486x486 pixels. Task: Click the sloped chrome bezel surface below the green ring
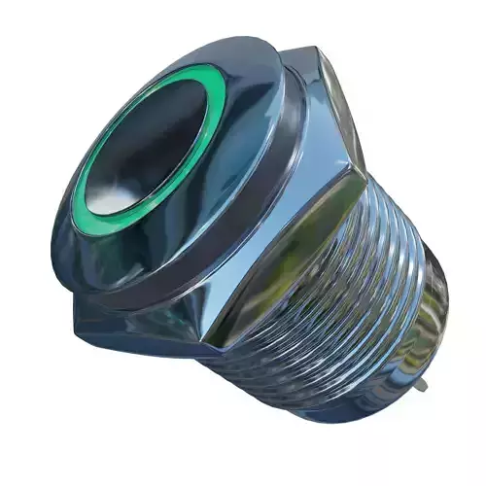146,243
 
